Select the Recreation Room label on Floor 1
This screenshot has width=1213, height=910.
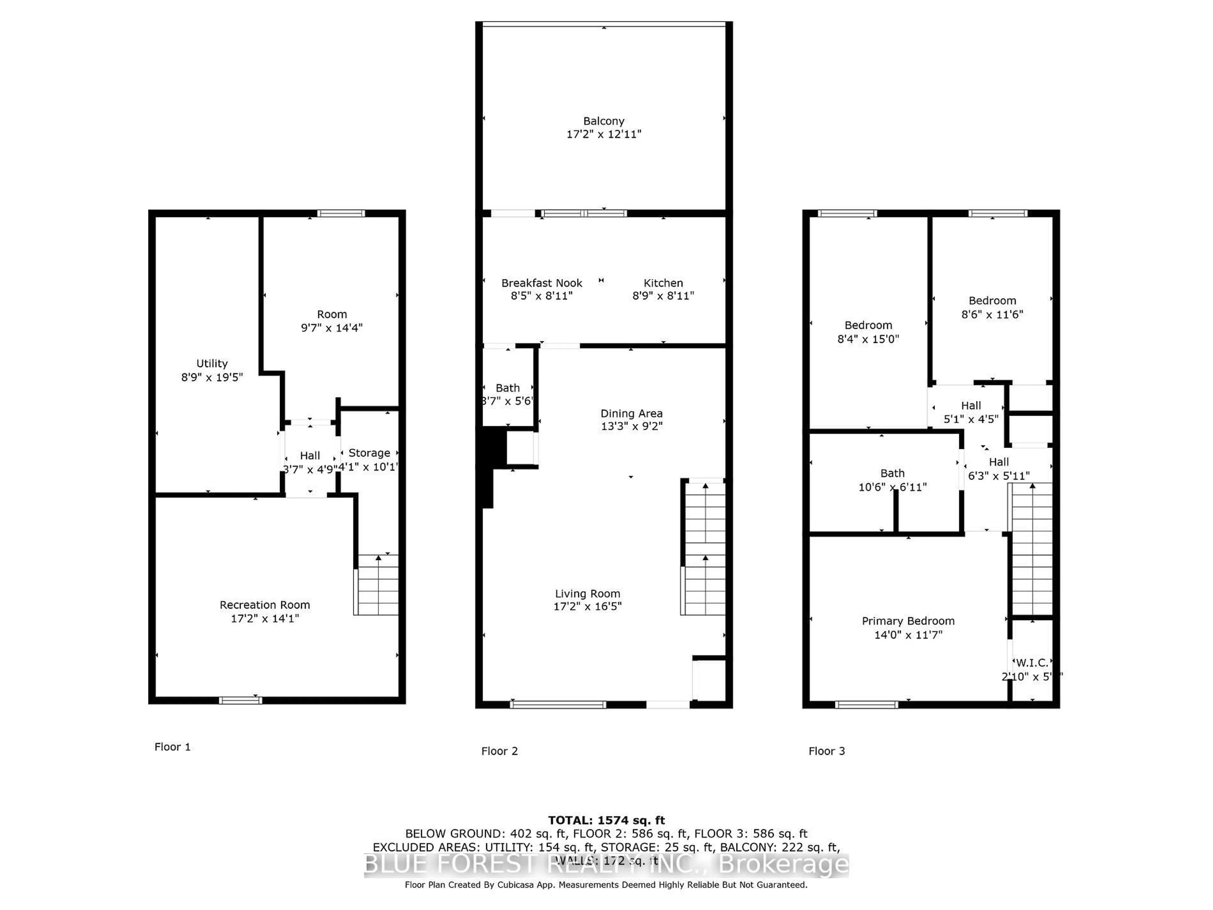265,604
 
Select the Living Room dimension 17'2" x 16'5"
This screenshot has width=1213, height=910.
587,606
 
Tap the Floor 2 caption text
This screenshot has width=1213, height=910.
499,751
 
